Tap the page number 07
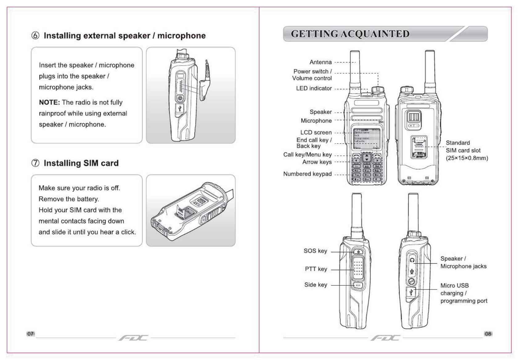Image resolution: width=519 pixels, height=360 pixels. [31, 334]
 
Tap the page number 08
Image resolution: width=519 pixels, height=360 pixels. [488, 334]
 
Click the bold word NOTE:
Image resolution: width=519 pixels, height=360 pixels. [49, 103]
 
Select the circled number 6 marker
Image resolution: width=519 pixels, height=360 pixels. [35, 36]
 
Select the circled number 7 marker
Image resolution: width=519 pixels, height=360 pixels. [35, 163]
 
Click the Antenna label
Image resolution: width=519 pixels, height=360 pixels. [321, 62]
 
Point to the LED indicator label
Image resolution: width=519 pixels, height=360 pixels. [314, 88]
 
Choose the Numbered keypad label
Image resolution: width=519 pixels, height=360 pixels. [307, 174]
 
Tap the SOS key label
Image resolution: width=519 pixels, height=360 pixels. [315, 251]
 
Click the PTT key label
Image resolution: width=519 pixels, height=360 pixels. [316, 269]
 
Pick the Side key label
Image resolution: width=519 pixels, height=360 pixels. [316, 285]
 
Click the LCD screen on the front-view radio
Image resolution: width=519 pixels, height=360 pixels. [366, 139]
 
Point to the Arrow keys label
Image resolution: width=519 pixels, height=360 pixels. [317, 162]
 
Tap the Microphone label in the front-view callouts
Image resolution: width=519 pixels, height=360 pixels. [316, 121]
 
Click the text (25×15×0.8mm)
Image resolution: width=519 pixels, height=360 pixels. [467, 158]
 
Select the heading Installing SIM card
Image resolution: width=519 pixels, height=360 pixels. [81, 163]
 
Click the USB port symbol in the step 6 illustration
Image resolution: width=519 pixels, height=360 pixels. [180, 108]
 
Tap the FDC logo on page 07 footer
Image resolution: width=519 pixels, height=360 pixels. [133, 338]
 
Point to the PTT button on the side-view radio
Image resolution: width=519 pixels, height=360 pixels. [358, 268]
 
